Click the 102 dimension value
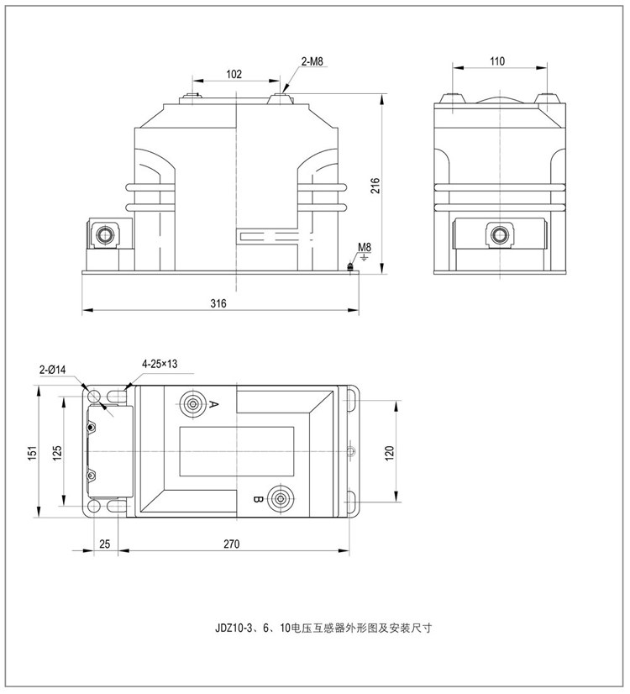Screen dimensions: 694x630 click(x=236, y=75)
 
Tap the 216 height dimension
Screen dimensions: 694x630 click(x=375, y=186)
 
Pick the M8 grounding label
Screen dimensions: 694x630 click(x=364, y=248)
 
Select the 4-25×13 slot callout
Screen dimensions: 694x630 click(x=160, y=364)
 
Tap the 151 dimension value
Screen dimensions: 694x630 click(x=33, y=451)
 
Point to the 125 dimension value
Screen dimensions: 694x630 click(x=57, y=452)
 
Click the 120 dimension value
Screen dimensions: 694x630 click(x=389, y=452)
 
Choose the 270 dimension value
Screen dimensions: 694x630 click(x=232, y=544)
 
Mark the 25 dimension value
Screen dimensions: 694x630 click(x=105, y=544)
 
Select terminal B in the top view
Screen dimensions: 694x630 click(x=278, y=497)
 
